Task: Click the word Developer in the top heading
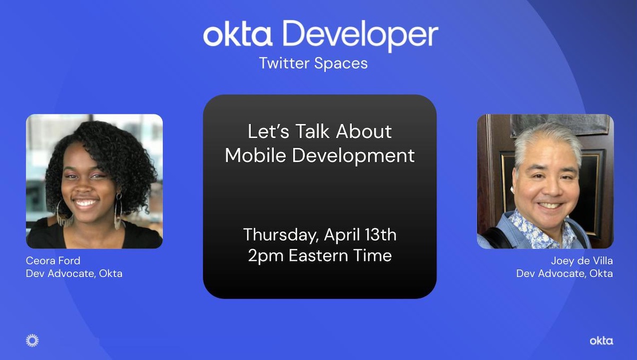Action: click(x=360, y=35)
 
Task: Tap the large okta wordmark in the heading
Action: click(x=238, y=35)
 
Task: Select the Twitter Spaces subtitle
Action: click(x=313, y=63)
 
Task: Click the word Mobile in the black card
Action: click(x=255, y=155)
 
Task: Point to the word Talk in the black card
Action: click(x=313, y=131)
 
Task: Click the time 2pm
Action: click(x=265, y=256)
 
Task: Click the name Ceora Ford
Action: click(x=53, y=261)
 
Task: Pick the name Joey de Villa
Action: click(x=582, y=261)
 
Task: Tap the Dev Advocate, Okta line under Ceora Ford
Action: click(x=74, y=273)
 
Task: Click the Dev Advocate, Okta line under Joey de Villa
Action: click(x=564, y=273)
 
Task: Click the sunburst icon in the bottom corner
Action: click(x=32, y=340)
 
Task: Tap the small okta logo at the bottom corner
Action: click(x=601, y=341)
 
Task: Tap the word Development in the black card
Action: click(x=354, y=156)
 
